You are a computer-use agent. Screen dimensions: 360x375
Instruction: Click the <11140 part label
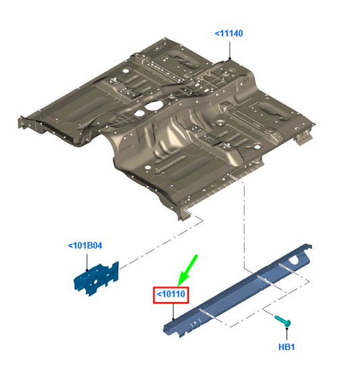coord(229,34)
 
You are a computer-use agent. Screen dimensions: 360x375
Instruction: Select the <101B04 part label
coord(85,246)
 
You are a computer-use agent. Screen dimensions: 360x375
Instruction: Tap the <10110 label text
coord(171,294)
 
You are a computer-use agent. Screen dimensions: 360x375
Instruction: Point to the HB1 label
coord(286,347)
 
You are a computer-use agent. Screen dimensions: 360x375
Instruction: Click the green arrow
coord(188,270)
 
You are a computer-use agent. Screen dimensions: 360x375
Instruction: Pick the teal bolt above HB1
coord(283,321)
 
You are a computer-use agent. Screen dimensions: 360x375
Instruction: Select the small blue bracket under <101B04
coord(96,279)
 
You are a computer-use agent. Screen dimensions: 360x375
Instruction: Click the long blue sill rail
coord(236,291)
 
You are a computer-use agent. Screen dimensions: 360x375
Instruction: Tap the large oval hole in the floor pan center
coord(153,105)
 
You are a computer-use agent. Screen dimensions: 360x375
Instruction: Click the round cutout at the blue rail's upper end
coord(294,260)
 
